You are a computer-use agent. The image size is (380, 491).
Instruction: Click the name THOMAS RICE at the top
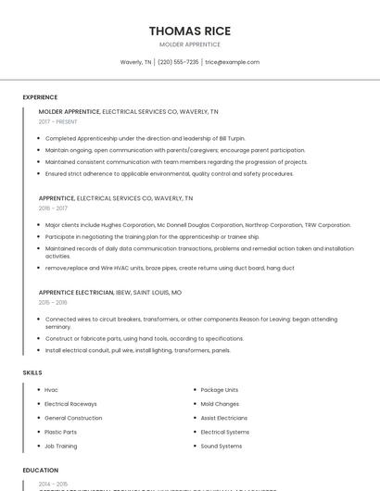190,31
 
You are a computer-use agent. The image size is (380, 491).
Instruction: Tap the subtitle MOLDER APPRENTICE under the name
190,44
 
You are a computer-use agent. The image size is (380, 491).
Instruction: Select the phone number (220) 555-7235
178,62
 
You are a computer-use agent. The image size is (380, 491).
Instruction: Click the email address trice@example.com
233,62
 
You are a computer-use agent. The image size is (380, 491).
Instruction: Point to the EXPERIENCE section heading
40,97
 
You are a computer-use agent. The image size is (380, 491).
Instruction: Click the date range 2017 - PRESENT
58,121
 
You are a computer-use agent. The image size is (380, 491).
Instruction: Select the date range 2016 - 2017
53,208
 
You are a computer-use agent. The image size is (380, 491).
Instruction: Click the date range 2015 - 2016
53,302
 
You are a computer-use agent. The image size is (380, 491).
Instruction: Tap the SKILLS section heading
32,372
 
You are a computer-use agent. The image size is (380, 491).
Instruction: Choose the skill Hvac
51,390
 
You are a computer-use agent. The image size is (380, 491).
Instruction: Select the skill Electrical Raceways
70,404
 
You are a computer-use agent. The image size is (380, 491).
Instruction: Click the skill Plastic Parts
60,432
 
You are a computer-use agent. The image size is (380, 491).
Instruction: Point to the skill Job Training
61,446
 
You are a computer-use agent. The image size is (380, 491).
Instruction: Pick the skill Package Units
220,390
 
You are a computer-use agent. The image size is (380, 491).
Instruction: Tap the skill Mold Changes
220,404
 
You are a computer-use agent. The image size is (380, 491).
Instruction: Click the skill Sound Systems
222,446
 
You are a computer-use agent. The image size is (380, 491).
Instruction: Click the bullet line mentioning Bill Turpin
133,138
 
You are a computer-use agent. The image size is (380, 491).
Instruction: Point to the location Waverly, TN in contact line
135,62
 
